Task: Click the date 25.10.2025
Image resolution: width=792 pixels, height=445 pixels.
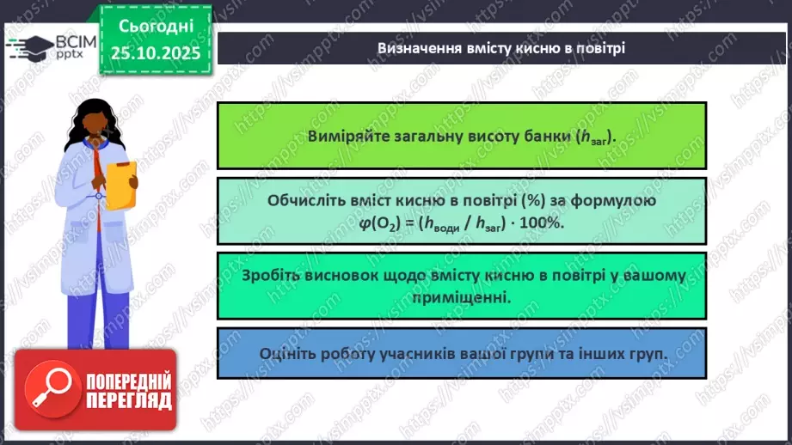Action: pos(155,53)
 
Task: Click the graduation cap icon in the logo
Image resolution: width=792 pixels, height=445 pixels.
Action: pos(28,45)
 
